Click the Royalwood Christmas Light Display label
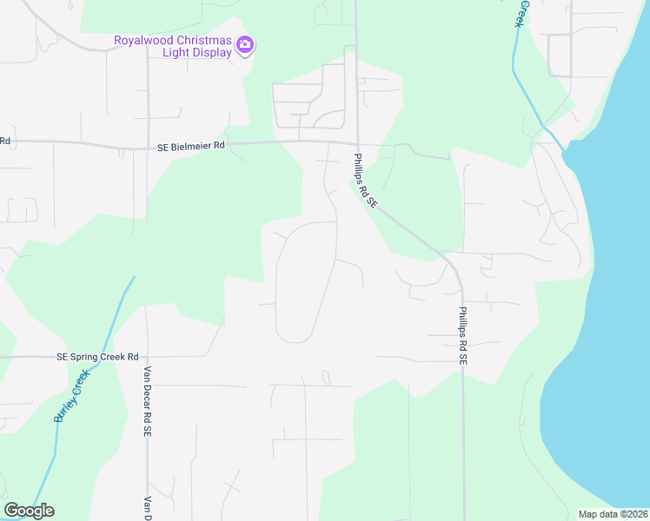[174, 46]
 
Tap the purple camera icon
[246, 44]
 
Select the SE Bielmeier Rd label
[191, 147]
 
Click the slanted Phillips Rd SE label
[365, 181]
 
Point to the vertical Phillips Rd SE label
[463, 335]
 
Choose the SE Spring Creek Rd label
[97, 357]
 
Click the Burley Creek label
[72, 395]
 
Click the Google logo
[29, 511]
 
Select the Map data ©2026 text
[613, 514]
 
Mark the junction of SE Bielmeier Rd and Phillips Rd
[356, 144]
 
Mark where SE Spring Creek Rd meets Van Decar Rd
[147, 356]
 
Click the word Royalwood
[143, 40]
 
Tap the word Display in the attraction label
[213, 52]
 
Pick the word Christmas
[202, 40]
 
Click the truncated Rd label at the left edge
[4, 140]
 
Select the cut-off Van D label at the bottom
[148, 506]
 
